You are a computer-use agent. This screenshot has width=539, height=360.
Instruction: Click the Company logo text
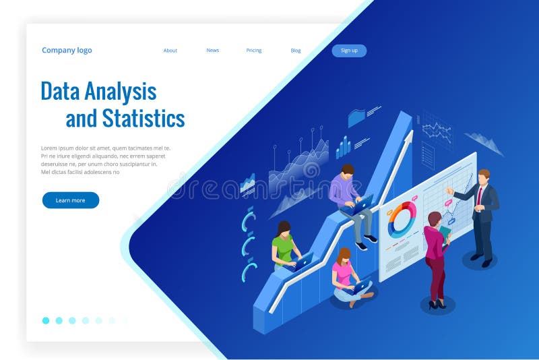tap(67, 51)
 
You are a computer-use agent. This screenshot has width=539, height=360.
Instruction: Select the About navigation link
tap(170, 51)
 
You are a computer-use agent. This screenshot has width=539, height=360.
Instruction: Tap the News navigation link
tap(213, 51)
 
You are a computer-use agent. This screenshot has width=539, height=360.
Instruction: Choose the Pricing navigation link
tap(254, 51)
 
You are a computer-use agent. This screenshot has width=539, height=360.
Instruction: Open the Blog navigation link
tap(296, 51)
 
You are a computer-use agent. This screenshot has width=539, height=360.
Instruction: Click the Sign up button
tap(349, 51)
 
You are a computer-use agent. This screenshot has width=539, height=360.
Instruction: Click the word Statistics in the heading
tap(144, 119)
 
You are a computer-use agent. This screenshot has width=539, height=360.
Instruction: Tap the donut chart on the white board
tap(402, 219)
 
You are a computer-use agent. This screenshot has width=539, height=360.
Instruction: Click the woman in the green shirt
tap(284, 244)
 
